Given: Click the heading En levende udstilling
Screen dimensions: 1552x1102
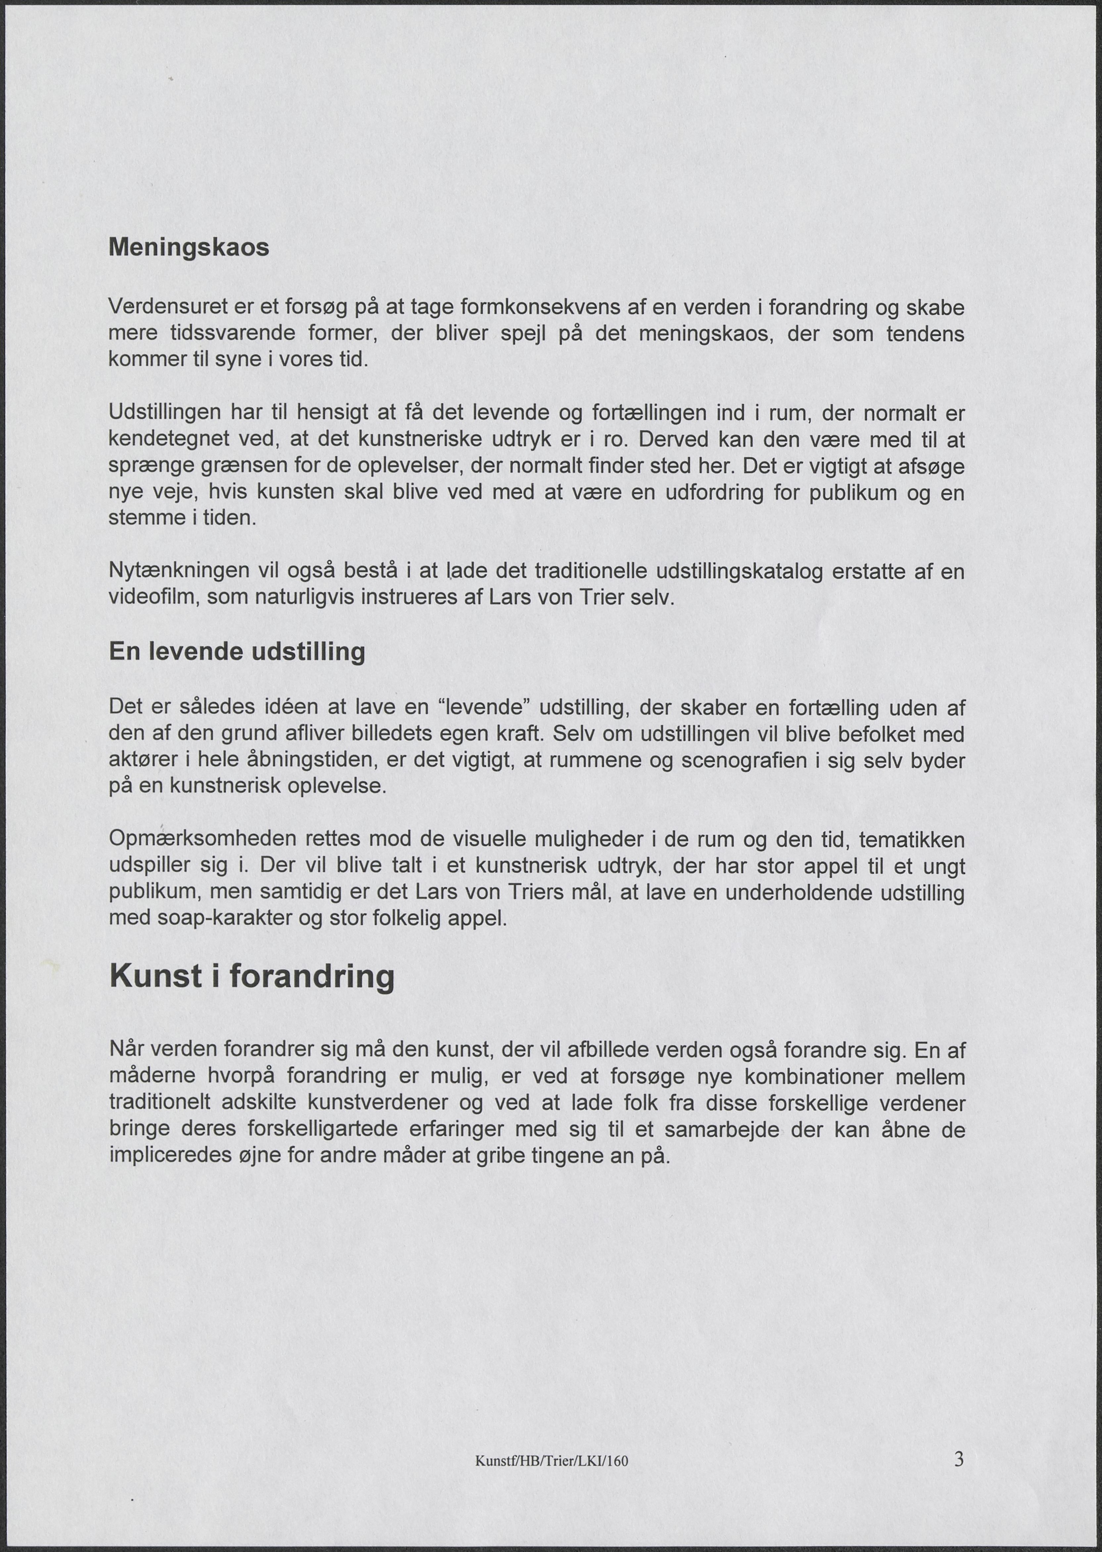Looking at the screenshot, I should (237, 652).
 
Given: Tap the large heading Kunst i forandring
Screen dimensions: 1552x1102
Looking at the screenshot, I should (252, 977).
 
